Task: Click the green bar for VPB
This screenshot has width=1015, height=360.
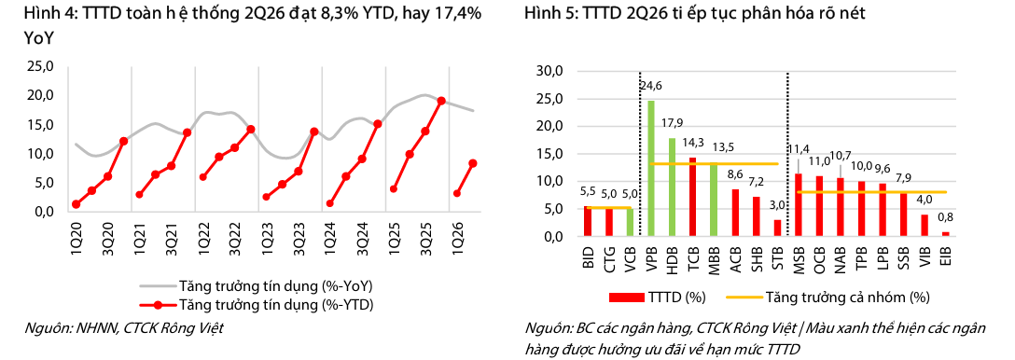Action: pyautogui.click(x=651, y=169)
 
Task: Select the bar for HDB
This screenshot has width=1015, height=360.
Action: pyautogui.click(x=672, y=187)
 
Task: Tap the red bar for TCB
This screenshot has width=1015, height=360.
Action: pyautogui.click(x=693, y=197)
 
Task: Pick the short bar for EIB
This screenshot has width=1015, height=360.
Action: pyautogui.click(x=946, y=234)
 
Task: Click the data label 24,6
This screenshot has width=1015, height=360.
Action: pyautogui.click(x=651, y=84)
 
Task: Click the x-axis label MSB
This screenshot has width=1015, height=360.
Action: pyautogui.click(x=799, y=256)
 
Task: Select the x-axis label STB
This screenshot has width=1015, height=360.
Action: pyautogui.click(x=777, y=256)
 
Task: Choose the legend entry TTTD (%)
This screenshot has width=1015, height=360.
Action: pyautogui.click(x=657, y=298)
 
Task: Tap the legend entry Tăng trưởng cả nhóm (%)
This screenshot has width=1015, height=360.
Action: pyautogui.click(x=827, y=298)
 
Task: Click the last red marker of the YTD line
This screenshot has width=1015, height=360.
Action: pyautogui.click(x=473, y=163)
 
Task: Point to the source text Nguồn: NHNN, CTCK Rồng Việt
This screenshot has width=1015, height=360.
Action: pyautogui.click(x=123, y=328)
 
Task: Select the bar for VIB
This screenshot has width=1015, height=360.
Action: pyautogui.click(x=925, y=226)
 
